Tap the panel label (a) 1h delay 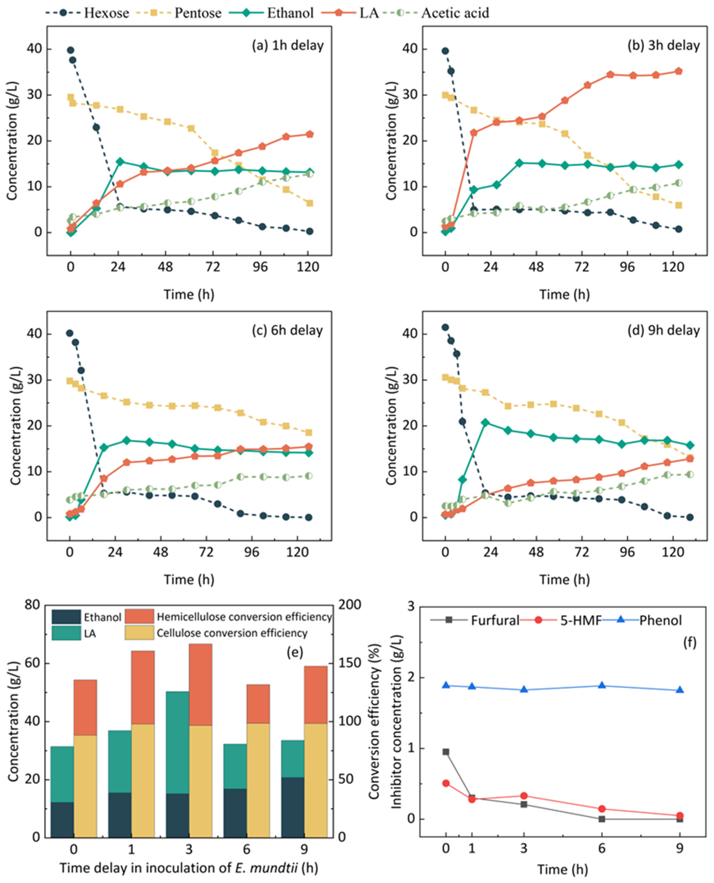288,45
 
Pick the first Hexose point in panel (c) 70,333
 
